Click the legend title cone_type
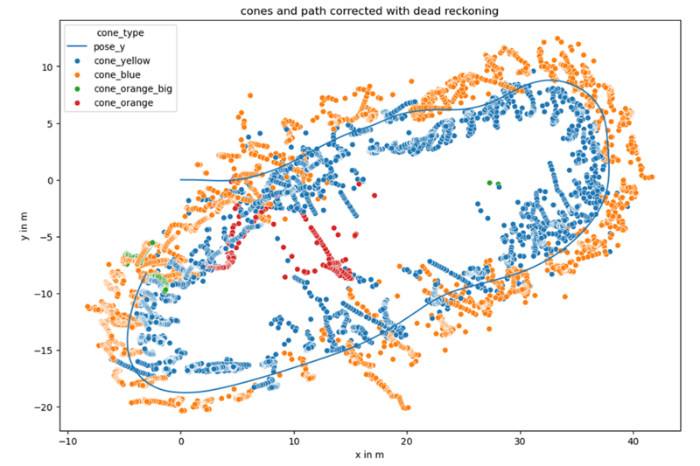click(115, 32)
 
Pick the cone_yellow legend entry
click(122, 61)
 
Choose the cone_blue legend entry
click(118, 75)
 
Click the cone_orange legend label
click(124, 103)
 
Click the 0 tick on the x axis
click(181, 441)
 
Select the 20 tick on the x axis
click(408, 441)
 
